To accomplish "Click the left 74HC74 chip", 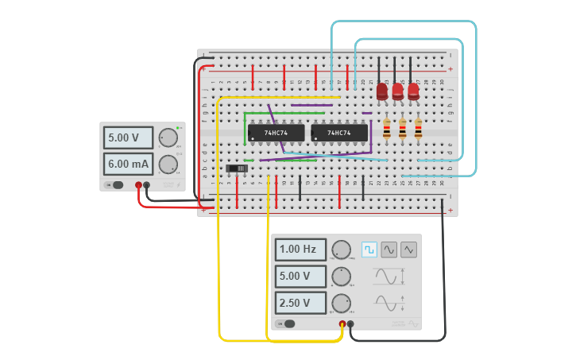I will (x=276, y=133).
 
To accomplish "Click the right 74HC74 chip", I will (x=339, y=133).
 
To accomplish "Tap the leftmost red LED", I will (x=382, y=91).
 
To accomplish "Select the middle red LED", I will (x=397, y=91).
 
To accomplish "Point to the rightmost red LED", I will (x=413, y=91).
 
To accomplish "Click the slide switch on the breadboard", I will (x=237, y=168).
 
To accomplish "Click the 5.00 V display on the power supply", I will (x=128, y=137).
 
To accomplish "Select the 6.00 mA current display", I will (x=128, y=165).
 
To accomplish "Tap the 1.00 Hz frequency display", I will (x=300, y=250).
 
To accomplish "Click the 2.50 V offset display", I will (x=300, y=303).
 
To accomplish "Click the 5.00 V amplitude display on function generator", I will (x=300, y=277).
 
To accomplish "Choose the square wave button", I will (x=369, y=250).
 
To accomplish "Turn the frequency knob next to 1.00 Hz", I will (x=341, y=250).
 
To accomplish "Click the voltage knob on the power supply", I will (x=168, y=137).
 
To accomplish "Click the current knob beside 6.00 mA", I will (x=168, y=165).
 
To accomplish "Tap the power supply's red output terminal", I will (x=138, y=185).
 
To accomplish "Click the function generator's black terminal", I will (x=350, y=323).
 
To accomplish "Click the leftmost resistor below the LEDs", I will (x=387, y=129).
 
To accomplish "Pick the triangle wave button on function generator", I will (x=408, y=250).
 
